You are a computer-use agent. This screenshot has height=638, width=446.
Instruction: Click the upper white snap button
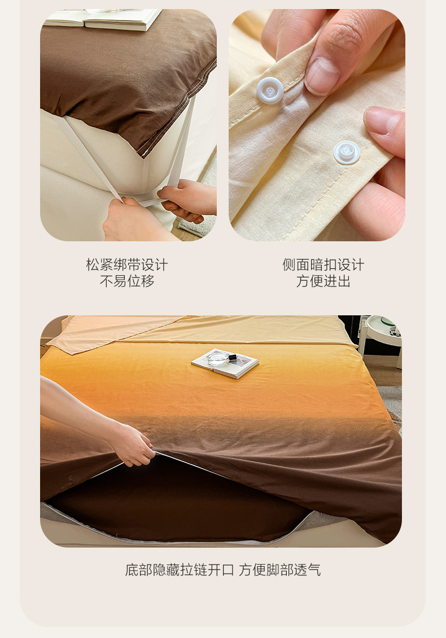(270, 90)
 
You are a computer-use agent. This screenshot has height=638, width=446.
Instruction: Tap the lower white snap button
(347, 153)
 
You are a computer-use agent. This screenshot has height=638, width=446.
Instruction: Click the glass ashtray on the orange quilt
(218, 358)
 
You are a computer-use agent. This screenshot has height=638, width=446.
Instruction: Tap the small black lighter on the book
(233, 357)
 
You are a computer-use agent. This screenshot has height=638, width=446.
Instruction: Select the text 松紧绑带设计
(127, 264)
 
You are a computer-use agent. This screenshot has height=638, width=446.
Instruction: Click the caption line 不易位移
(127, 281)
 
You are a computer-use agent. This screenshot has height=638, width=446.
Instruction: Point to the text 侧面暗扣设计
(323, 264)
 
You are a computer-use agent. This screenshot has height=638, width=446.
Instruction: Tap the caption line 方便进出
(323, 281)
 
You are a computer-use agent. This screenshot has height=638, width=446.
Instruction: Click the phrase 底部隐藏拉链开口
(180, 570)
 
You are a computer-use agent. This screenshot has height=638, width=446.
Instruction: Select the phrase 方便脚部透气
(279, 570)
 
